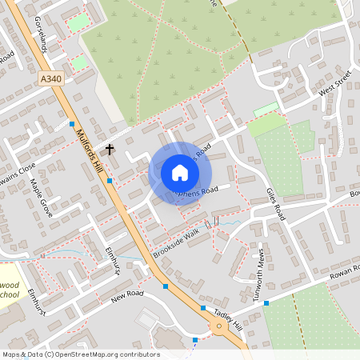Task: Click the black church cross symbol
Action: click(110, 149)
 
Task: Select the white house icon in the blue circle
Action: click(180, 173)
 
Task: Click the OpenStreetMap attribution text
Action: click(81, 354)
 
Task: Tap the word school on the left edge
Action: click(8, 295)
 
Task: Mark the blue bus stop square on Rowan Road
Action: click(266, 303)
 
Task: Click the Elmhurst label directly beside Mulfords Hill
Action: click(111, 258)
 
